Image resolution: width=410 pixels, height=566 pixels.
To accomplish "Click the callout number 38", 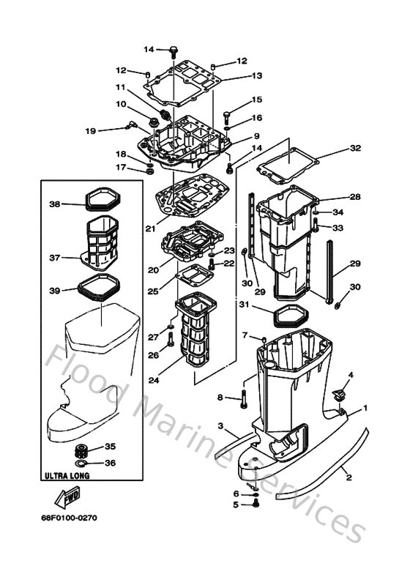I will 54,204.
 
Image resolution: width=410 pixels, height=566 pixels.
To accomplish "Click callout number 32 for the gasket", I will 355,148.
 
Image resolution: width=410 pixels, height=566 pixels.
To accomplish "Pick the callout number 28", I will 355,197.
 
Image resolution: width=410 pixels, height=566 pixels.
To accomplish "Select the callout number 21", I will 150,228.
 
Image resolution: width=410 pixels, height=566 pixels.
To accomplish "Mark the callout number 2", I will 348,477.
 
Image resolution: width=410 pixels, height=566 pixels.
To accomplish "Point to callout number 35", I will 111,446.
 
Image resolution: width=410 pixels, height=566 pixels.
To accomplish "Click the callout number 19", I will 90,131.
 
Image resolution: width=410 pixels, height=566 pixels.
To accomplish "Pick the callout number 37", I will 54,257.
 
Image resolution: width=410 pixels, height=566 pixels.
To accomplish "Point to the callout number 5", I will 236,504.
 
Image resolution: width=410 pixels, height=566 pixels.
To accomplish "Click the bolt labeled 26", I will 170,340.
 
